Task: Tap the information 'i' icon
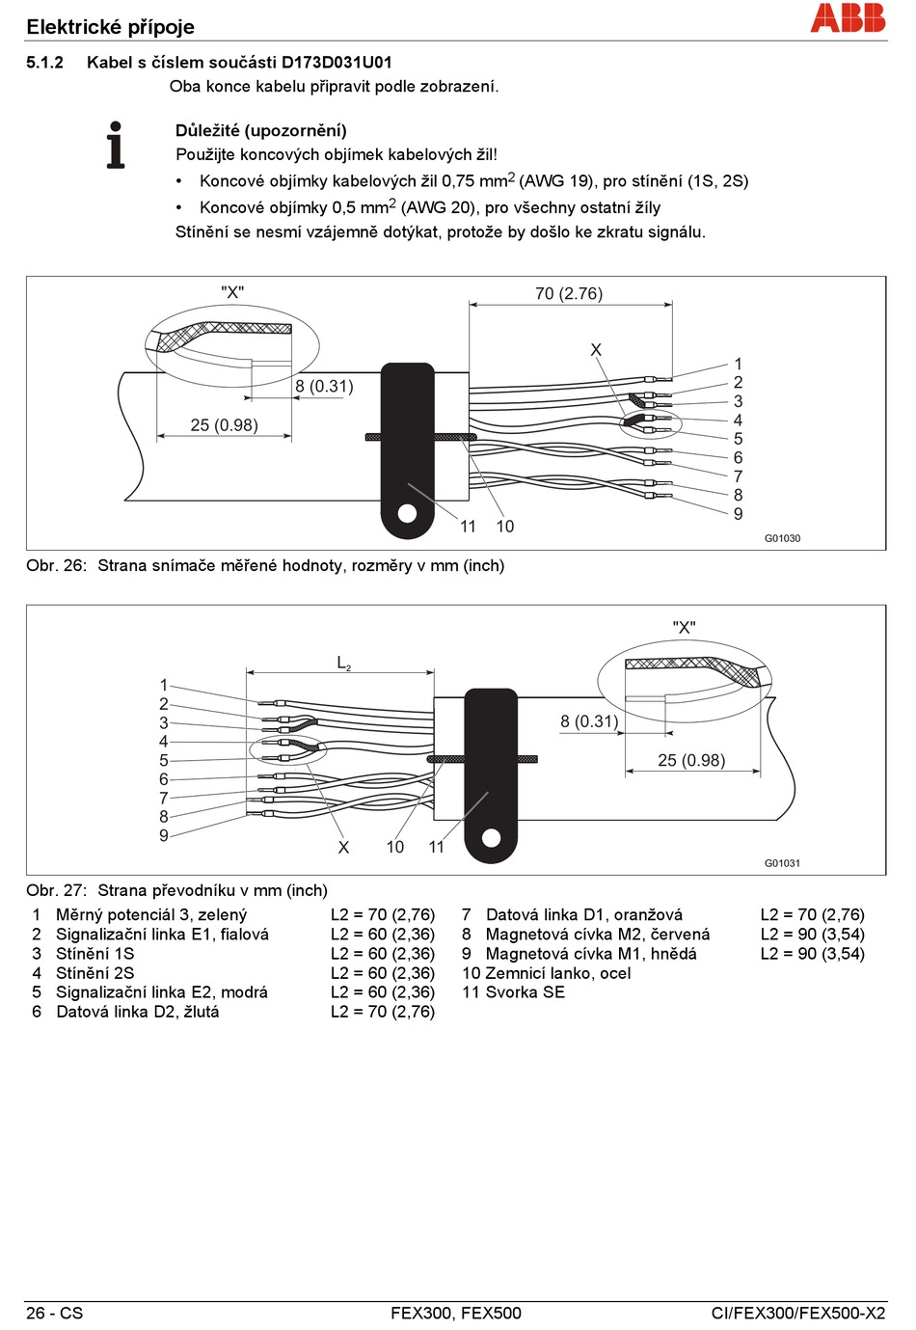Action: pyautogui.click(x=116, y=145)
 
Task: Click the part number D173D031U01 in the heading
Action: pyautogui.click(x=336, y=63)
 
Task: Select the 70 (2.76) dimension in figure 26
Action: pyautogui.click(x=569, y=293)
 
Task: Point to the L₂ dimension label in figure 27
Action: pyautogui.click(x=343, y=663)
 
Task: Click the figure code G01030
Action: pyautogui.click(x=782, y=538)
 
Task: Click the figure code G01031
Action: pyautogui.click(x=782, y=863)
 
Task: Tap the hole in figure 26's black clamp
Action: pyautogui.click(x=407, y=513)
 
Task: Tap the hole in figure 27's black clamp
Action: pyautogui.click(x=491, y=838)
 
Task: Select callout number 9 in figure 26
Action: pyautogui.click(x=738, y=514)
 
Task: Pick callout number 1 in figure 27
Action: pyautogui.click(x=164, y=685)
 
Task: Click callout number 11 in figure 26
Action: pyautogui.click(x=468, y=526)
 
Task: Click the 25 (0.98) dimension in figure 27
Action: pyautogui.click(x=691, y=760)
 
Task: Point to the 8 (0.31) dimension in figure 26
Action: pyautogui.click(x=324, y=386)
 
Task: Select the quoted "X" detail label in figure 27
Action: pyautogui.click(x=684, y=628)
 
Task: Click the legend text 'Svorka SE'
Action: pyautogui.click(x=525, y=992)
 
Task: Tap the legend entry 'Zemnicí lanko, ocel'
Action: pyautogui.click(x=558, y=973)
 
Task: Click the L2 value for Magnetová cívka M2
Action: pyautogui.click(x=812, y=935)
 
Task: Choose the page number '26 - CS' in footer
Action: pyautogui.click(x=55, y=1313)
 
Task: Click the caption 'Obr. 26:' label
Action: pyautogui.click(x=56, y=565)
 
